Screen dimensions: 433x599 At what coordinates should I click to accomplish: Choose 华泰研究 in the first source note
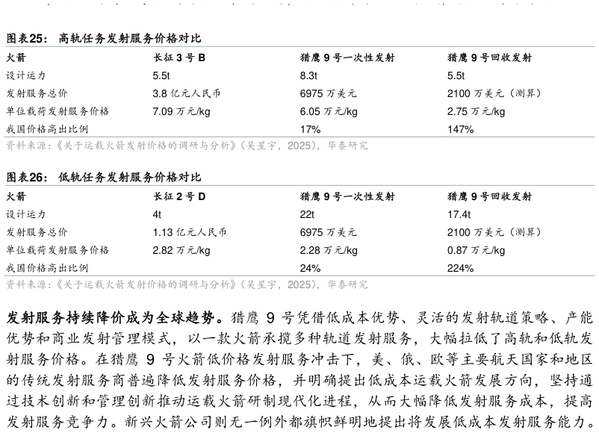click(347, 146)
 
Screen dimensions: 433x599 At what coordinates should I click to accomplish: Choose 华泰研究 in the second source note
click(347, 284)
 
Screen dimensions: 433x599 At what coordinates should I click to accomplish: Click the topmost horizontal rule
click(299, 46)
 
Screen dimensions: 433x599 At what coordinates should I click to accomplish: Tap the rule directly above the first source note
click(299, 137)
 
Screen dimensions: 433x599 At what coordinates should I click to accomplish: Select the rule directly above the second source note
click(299, 275)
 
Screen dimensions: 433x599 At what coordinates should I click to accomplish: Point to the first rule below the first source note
click(299, 185)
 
